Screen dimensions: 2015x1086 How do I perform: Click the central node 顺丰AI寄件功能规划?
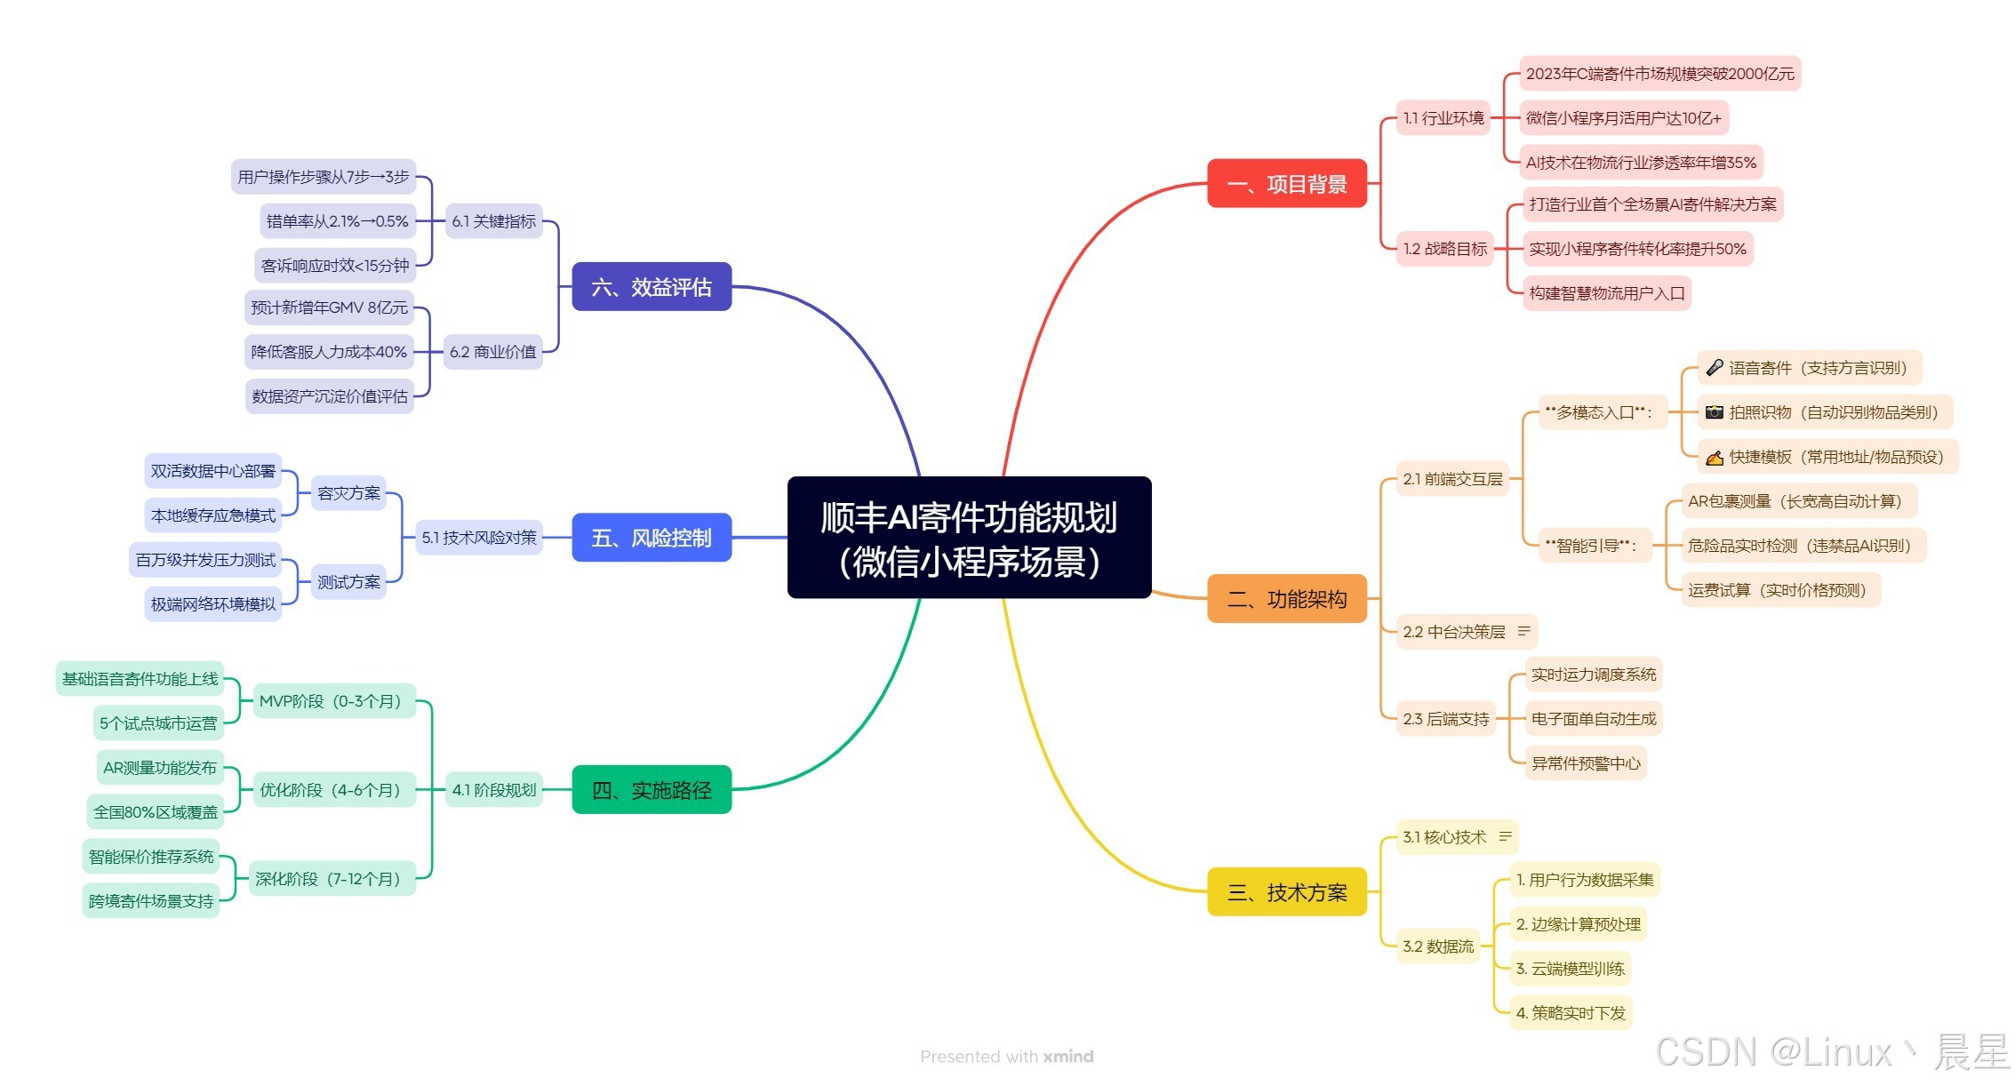click(x=969, y=538)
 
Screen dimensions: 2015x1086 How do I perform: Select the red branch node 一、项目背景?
click(x=1286, y=184)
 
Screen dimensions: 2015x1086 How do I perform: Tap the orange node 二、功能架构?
click(x=1286, y=599)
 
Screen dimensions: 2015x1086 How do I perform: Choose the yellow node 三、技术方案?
click(x=1286, y=892)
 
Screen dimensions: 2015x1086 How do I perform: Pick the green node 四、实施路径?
click(x=652, y=790)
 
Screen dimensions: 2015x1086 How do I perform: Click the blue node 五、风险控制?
click(x=652, y=538)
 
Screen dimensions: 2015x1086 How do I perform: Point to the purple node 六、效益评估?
click(x=652, y=287)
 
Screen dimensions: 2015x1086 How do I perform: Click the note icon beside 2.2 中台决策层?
click(x=1523, y=632)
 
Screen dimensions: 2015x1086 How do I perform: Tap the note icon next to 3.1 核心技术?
click(x=1505, y=837)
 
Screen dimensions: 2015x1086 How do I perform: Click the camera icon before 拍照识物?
click(x=1714, y=412)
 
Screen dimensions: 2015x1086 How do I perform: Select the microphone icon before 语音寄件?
click(x=1714, y=368)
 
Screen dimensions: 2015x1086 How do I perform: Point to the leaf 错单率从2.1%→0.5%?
click(x=337, y=221)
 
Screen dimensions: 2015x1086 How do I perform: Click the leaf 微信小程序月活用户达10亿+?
click(x=1623, y=118)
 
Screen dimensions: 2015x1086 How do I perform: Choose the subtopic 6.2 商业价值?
click(x=492, y=352)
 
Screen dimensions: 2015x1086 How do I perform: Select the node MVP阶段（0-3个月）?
click(x=332, y=701)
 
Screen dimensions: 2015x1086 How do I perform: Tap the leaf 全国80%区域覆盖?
click(x=156, y=812)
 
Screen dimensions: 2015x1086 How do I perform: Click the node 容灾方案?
click(x=348, y=493)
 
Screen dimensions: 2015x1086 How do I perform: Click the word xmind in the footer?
click(x=1067, y=1057)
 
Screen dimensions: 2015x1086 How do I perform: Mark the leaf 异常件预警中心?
click(x=1585, y=763)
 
